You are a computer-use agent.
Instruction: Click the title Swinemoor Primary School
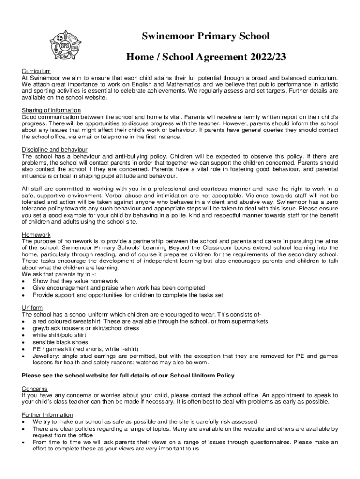[206, 36]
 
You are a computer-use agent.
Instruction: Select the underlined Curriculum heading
[36, 71]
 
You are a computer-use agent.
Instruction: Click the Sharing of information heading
[51, 110]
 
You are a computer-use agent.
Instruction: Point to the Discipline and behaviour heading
[55, 149]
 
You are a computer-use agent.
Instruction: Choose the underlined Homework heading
[36, 234]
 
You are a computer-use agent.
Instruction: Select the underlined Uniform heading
[32, 307]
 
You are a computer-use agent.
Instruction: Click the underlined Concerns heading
[35, 389]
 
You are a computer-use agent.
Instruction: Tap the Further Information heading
[48, 414]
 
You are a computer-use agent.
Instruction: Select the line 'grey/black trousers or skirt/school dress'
[86, 328]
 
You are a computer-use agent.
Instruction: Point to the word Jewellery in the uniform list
[46, 356]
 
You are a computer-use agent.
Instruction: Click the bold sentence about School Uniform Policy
[129, 376]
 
